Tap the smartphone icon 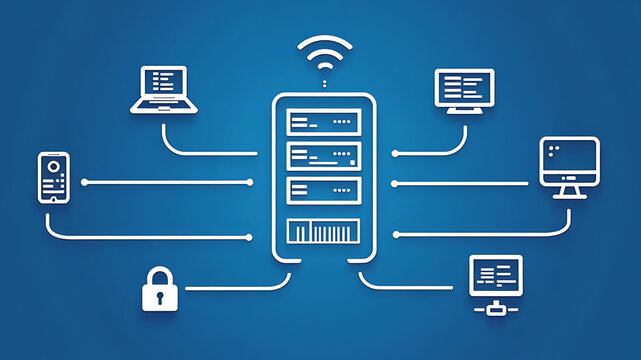(54, 178)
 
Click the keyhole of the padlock (160, 296)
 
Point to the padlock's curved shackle (160, 274)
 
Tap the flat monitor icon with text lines (464, 87)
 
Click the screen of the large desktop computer (569, 157)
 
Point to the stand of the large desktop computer (569, 189)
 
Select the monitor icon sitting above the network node (495, 273)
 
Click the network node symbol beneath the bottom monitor (495, 309)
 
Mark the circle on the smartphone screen (54, 163)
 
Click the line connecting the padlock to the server (230, 287)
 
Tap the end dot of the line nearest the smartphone (85, 182)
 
